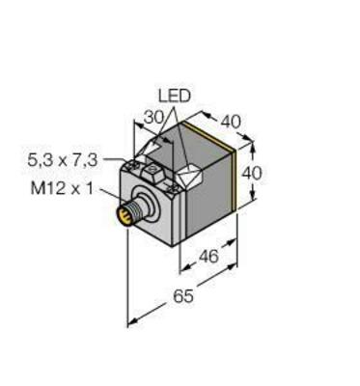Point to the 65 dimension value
point(182,296)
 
